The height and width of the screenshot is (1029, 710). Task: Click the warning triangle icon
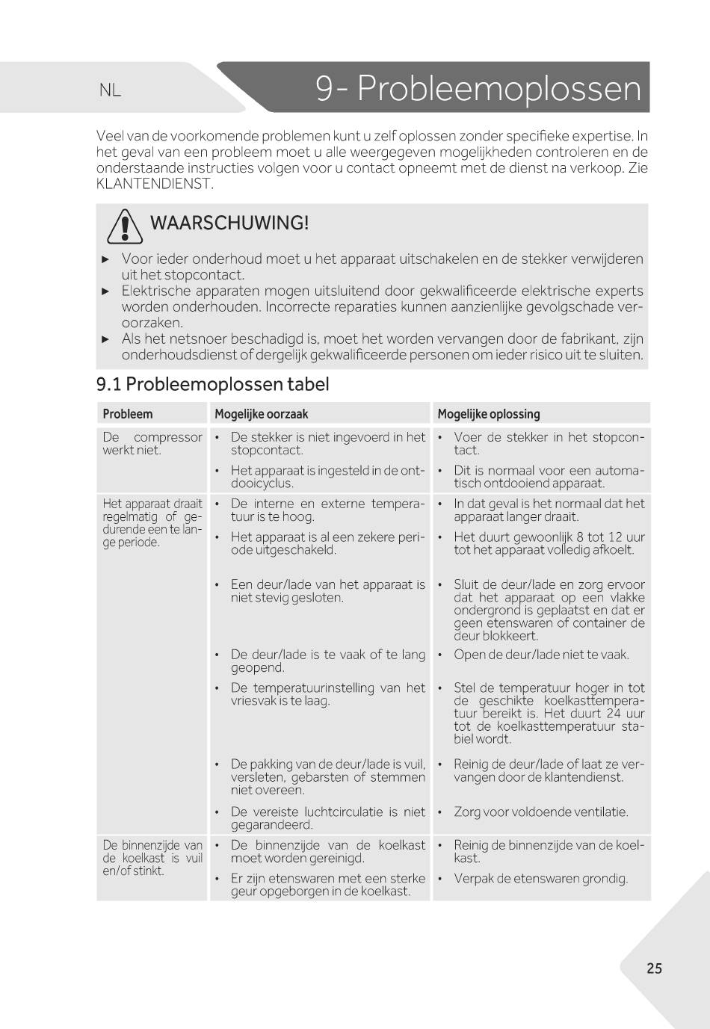click(125, 226)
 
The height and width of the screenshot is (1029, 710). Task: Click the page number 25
click(654, 968)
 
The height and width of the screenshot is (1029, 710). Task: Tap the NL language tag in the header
click(110, 90)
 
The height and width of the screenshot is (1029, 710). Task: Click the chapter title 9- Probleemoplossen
click(478, 89)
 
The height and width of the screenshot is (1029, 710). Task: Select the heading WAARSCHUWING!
click(229, 223)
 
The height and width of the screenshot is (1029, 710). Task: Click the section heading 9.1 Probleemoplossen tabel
click(212, 384)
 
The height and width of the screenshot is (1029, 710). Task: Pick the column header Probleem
click(128, 414)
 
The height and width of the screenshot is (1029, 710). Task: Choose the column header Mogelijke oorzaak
click(261, 414)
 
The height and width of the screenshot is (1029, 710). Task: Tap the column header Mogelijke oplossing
click(489, 414)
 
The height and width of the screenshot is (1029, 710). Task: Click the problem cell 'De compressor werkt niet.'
click(152, 443)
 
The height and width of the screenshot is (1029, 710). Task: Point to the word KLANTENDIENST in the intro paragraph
click(155, 183)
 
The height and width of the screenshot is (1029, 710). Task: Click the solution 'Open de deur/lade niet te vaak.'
click(541, 655)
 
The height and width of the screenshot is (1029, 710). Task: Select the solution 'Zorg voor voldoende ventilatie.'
click(540, 812)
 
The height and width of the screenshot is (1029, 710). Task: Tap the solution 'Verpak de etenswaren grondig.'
click(540, 878)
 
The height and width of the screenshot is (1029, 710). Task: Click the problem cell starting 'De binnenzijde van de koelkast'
click(152, 858)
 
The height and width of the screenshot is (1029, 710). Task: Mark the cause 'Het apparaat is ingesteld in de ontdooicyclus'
click(327, 477)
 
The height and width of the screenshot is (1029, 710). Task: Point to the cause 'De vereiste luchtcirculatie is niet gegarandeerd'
click(327, 818)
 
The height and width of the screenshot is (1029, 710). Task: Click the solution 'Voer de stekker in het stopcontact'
click(548, 443)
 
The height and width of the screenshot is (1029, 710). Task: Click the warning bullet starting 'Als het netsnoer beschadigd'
click(382, 347)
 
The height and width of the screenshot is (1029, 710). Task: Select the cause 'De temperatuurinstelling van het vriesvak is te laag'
click(327, 694)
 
